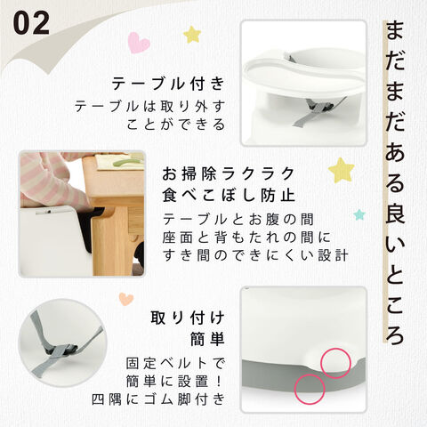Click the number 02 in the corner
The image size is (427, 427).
(31, 23)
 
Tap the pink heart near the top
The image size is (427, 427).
(139, 43)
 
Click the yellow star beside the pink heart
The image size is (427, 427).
(192, 35)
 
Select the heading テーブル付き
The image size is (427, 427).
(168, 84)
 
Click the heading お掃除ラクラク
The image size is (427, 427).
(228, 173)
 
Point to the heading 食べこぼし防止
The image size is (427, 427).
(229, 195)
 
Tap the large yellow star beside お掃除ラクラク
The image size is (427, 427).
(342, 170)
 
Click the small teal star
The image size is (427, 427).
(359, 214)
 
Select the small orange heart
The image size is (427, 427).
(126, 299)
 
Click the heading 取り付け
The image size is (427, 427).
(188, 318)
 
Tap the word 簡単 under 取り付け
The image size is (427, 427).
(207, 339)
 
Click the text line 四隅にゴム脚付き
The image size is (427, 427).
(158, 399)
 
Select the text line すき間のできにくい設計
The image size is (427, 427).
(255, 255)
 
